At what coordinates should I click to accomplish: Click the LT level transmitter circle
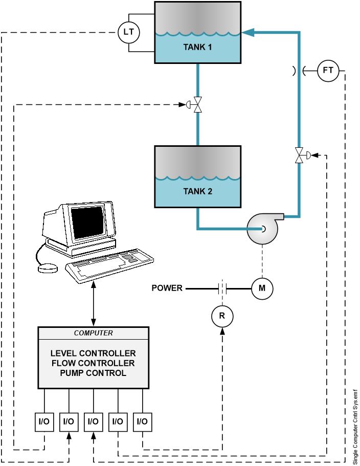[129, 33]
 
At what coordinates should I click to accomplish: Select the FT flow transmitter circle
[328, 71]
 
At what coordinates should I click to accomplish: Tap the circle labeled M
[262, 289]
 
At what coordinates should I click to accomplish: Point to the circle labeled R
[222, 316]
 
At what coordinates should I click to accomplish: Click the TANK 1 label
[197, 48]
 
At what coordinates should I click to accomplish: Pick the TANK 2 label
[197, 192]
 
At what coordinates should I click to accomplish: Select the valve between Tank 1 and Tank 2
[198, 104]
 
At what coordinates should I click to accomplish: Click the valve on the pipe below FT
[299, 155]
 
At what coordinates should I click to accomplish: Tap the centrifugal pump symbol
[263, 229]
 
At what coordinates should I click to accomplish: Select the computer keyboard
[110, 263]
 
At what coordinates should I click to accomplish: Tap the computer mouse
[48, 268]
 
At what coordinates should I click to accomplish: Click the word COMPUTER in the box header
[94, 333]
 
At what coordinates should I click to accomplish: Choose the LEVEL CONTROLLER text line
[94, 353]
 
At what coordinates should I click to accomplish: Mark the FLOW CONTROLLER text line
[94, 363]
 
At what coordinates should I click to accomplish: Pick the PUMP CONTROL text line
[94, 373]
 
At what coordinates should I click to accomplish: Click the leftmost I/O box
[44, 422]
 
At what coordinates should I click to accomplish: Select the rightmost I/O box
[143, 422]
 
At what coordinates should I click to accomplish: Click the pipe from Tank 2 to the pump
[220, 228]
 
